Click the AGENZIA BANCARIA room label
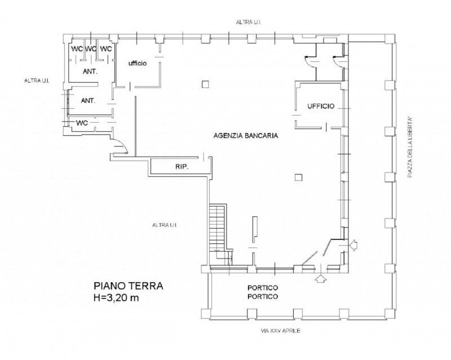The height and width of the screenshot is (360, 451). [246, 135]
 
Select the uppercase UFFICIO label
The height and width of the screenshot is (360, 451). [321, 106]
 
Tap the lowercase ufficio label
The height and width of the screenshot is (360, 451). [138, 63]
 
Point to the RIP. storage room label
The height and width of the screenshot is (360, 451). [182, 166]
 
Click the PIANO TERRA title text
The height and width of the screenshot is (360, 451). [129, 286]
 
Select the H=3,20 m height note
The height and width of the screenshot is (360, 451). [116, 298]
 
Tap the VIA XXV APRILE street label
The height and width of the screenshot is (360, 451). [280, 331]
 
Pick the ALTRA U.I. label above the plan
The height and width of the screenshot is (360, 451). [248, 22]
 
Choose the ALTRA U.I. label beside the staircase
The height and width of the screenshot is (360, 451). [165, 225]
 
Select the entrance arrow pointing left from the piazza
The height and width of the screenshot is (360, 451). [355, 245]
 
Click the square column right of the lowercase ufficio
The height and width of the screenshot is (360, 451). [205, 85]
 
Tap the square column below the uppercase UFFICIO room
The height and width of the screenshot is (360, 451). [299, 177]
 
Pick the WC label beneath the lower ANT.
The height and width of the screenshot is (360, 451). [82, 123]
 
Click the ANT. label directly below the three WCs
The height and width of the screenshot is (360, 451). [90, 72]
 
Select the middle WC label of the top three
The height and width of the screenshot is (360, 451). [91, 49]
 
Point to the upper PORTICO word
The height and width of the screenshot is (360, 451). [263, 287]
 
